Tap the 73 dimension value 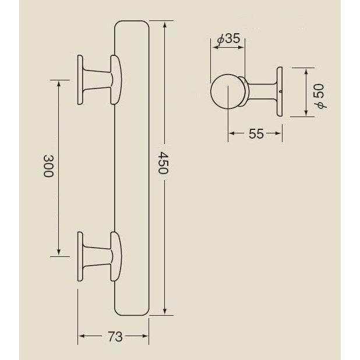tap(115, 337)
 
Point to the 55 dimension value tap(256, 134)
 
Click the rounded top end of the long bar tap(133, 26)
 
